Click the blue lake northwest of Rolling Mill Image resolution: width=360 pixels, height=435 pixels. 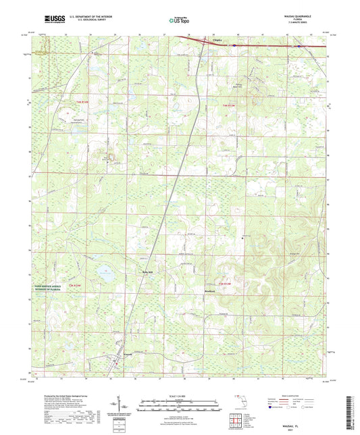[x=107, y=273]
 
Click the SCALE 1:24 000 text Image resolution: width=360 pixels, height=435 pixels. [x=179, y=396]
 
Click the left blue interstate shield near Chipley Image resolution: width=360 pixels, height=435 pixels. [x=234, y=46]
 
